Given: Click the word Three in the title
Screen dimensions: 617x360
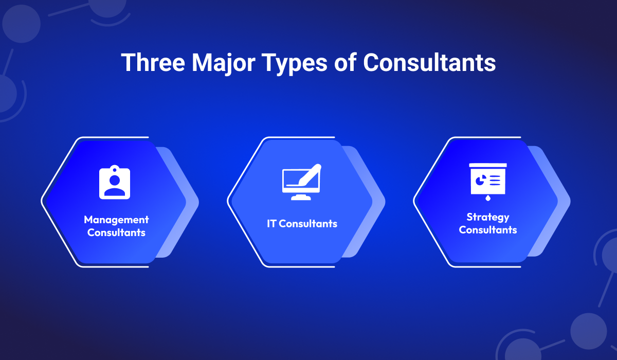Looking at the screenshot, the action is (153, 62).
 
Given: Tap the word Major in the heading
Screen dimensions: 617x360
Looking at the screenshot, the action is (223, 64).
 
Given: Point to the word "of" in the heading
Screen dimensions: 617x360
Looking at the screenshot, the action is (346, 62).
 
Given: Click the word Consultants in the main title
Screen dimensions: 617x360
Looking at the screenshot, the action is (429, 62).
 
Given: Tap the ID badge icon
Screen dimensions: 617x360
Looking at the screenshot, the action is (115, 182).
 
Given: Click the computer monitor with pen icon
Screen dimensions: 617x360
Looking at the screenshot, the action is (302, 182).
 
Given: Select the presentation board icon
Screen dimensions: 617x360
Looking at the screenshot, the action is (488, 182).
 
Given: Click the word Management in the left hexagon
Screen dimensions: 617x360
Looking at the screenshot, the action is (116, 220).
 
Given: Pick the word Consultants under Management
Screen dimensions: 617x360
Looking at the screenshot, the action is (116, 232).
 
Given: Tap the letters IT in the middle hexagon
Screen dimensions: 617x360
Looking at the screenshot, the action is (271, 224).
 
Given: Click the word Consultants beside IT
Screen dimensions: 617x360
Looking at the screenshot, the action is (308, 224).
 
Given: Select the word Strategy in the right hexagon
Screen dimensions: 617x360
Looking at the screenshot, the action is (488, 218).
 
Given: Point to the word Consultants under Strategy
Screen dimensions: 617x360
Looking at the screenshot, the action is (488, 230).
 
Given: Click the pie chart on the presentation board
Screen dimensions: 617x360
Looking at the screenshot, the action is (481, 181).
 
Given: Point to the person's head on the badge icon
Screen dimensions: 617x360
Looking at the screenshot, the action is (115, 180).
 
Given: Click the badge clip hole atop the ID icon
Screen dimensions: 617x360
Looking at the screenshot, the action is (115, 168).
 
